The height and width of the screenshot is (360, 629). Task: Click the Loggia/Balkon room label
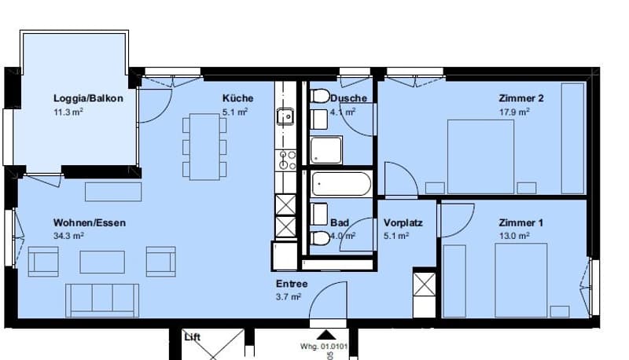point(88,98)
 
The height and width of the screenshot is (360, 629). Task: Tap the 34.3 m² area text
point(68,235)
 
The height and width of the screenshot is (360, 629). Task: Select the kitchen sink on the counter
point(285,116)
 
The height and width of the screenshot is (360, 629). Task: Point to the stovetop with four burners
point(285,160)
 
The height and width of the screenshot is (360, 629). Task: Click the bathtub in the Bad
point(341,184)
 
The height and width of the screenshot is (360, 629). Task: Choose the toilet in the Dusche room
point(320,96)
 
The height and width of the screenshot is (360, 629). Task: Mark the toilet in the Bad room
point(320,238)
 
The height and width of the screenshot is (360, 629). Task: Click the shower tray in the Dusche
point(326,150)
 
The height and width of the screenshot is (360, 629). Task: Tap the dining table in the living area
point(204,146)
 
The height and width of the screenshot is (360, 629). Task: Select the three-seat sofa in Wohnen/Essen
point(102,300)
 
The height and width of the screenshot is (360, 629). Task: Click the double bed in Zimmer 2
point(480,156)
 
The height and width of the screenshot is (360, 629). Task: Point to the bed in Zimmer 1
point(521,280)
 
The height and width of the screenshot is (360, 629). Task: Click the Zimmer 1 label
point(521,223)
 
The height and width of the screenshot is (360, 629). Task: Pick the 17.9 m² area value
point(514,112)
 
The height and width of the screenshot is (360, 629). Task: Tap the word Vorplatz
point(403,223)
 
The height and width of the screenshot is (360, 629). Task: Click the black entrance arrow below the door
point(327,335)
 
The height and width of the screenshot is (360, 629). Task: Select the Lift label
point(192,337)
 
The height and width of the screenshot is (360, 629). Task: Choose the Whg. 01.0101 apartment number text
point(324,347)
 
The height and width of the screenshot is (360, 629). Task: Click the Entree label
point(292,284)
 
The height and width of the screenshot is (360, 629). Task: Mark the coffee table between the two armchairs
point(102,263)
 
